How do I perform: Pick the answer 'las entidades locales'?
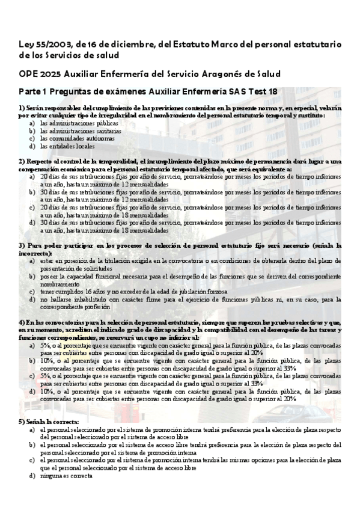pos(68,146)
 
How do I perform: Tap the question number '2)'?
pos(22,161)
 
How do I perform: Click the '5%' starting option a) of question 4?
pos(46,346)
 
